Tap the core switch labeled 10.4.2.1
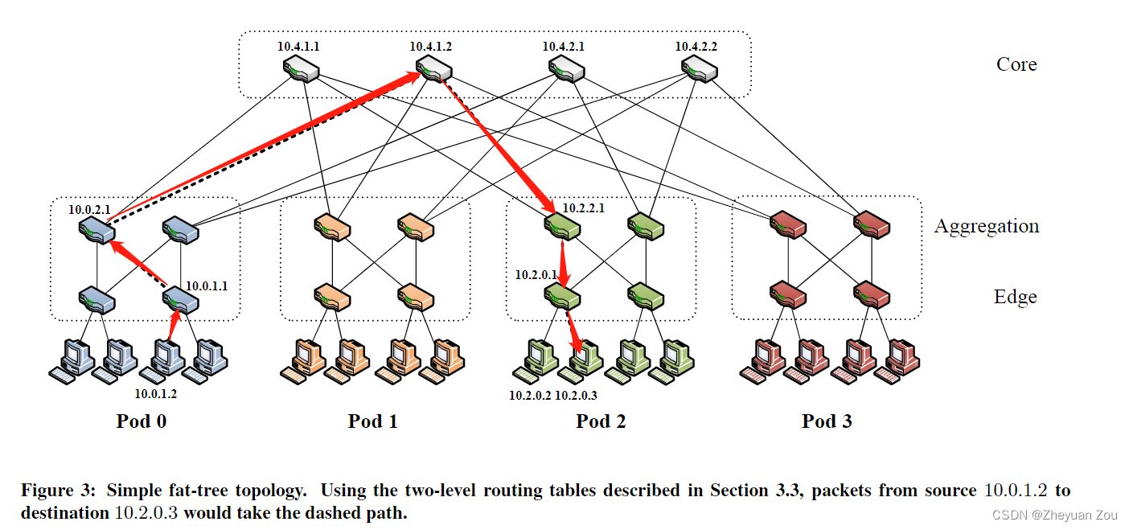[567, 71]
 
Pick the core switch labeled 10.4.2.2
[699, 71]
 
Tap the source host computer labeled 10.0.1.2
[164, 359]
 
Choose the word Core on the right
[1016, 64]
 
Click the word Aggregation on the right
[987, 226]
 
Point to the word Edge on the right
[1015, 297]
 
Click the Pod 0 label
[142, 421]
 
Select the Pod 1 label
[372, 421]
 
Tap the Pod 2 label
[601, 421]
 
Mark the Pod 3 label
[827, 421]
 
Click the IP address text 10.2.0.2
[530, 395]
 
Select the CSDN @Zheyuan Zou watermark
[1056, 515]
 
